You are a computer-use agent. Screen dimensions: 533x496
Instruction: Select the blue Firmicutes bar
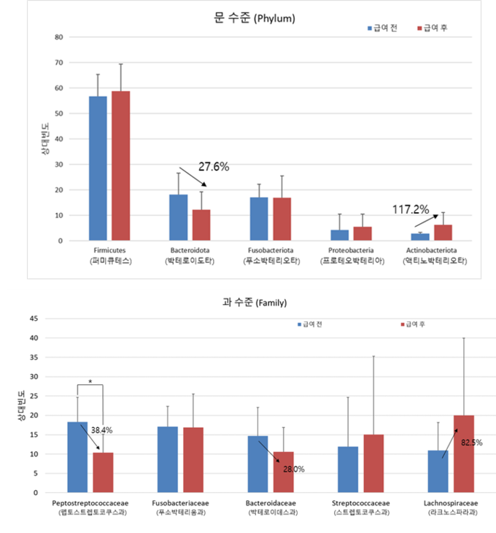point(98,168)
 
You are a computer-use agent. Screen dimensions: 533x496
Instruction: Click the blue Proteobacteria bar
point(339,236)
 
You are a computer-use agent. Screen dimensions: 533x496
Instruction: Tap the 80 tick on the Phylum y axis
point(59,37)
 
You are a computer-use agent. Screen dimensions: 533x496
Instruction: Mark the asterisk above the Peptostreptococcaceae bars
point(90,381)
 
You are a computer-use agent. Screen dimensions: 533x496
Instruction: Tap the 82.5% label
point(471,443)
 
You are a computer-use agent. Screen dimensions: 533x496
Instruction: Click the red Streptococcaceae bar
point(373,464)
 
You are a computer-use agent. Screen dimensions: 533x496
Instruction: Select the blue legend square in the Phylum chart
point(370,28)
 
